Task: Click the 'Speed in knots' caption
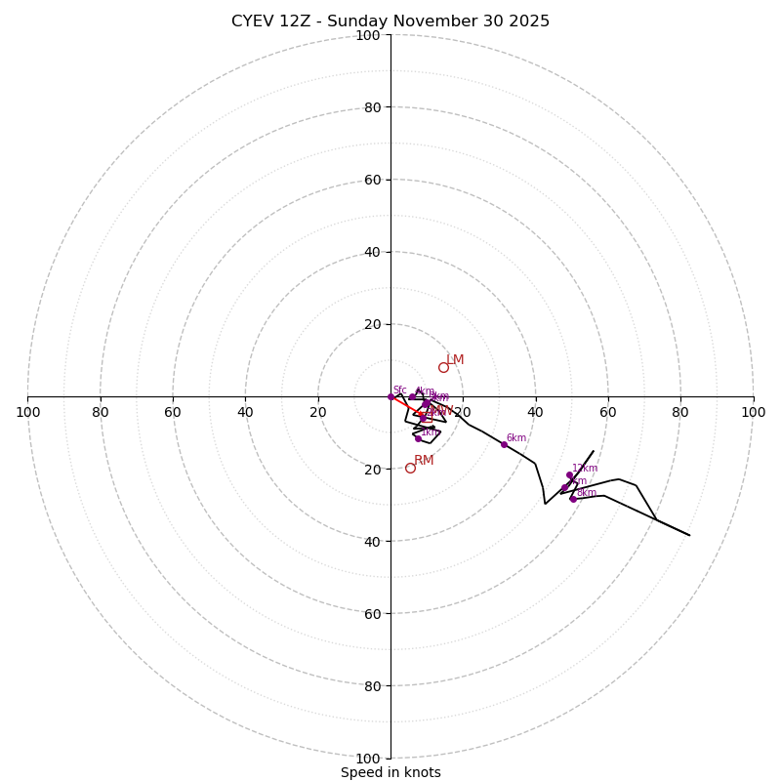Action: (390, 772)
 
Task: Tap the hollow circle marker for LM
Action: (443, 367)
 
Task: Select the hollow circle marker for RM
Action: (410, 468)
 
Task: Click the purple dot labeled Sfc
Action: (390, 396)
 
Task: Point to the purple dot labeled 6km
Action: (504, 444)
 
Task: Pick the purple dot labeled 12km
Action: (569, 474)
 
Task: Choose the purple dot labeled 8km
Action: (573, 499)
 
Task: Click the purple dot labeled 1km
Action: (418, 438)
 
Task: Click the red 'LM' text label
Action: (455, 360)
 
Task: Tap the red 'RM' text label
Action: (424, 461)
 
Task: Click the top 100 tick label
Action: (368, 35)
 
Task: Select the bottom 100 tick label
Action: (368, 759)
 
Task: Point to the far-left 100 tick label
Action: (27, 412)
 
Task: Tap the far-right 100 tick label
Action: (754, 412)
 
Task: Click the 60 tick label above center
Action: (371, 180)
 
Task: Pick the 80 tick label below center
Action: (371, 686)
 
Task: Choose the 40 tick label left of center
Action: (245, 412)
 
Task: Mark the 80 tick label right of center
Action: (680, 412)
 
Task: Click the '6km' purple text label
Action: (515, 438)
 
